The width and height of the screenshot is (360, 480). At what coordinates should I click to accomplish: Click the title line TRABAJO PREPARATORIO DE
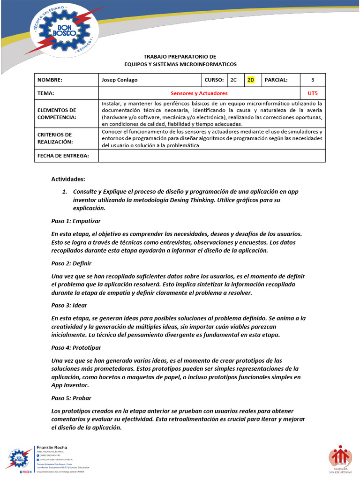tap(180, 56)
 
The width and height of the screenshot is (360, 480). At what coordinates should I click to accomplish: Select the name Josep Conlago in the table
tap(120, 80)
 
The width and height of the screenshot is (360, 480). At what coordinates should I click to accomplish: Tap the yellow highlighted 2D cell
tap(251, 80)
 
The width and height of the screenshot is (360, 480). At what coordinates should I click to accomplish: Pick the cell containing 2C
tap(233, 80)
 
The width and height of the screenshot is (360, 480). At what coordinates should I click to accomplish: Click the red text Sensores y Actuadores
tap(199, 94)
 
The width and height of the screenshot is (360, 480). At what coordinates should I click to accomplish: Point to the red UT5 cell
tap(313, 94)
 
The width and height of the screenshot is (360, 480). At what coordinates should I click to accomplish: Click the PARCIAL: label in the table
tap(276, 80)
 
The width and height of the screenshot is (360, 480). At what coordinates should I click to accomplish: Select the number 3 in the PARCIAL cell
tap(313, 80)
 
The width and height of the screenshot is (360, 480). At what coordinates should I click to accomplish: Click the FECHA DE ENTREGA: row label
tap(63, 156)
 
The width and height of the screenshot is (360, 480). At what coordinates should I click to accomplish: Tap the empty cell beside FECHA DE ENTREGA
tap(212, 156)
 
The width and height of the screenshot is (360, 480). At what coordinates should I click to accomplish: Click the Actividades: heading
tap(68, 179)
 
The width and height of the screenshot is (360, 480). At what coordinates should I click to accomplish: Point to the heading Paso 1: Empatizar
tap(76, 221)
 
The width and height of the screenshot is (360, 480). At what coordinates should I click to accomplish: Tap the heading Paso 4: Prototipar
tap(76, 348)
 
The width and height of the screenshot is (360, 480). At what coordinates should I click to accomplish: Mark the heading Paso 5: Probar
tap(71, 398)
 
